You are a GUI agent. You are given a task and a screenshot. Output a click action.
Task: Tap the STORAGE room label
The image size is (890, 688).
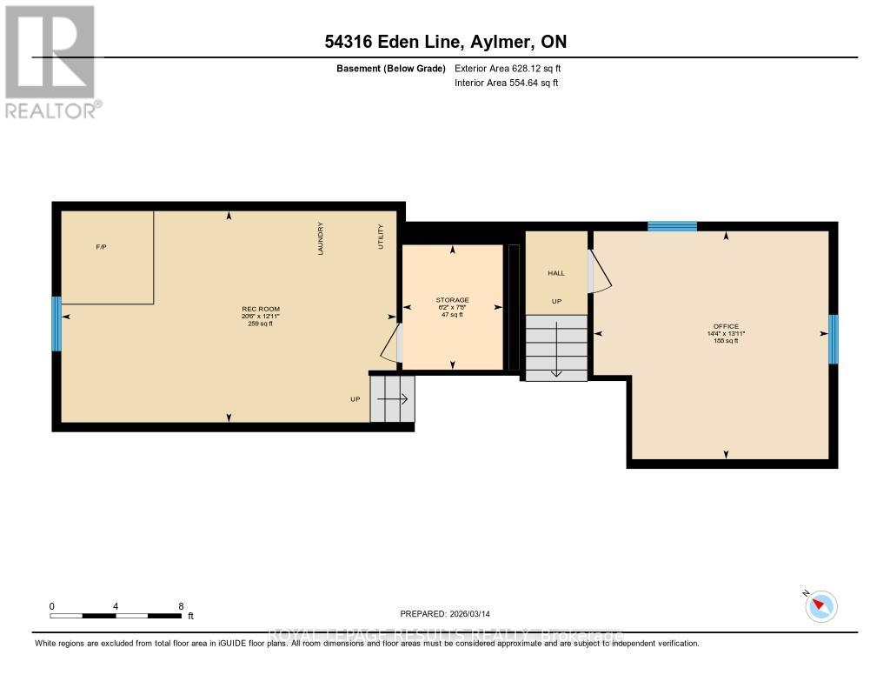[452, 300]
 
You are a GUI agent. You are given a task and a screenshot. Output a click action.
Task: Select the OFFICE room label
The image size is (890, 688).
[725, 327]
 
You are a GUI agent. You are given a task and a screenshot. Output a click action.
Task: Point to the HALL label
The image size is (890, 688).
[556, 273]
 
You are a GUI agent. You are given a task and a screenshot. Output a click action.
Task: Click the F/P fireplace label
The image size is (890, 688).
[101, 247]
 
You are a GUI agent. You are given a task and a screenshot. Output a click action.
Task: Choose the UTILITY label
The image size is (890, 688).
[381, 237]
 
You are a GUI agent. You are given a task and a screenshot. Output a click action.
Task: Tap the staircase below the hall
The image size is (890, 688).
[556, 347]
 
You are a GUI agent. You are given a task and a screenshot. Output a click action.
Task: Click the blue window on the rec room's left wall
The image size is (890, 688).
[56, 324]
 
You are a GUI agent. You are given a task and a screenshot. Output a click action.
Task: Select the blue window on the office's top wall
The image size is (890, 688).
[672, 226]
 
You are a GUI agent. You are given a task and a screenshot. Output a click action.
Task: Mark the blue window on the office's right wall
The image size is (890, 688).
[833, 339]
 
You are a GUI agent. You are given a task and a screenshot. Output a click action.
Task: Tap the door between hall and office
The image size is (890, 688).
[599, 271]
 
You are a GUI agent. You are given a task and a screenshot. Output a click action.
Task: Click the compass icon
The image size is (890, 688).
[820, 605]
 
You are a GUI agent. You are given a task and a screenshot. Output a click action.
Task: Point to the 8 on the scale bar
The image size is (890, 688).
[181, 606]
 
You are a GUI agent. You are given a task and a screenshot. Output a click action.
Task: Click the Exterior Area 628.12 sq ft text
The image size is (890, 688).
[514, 68]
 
